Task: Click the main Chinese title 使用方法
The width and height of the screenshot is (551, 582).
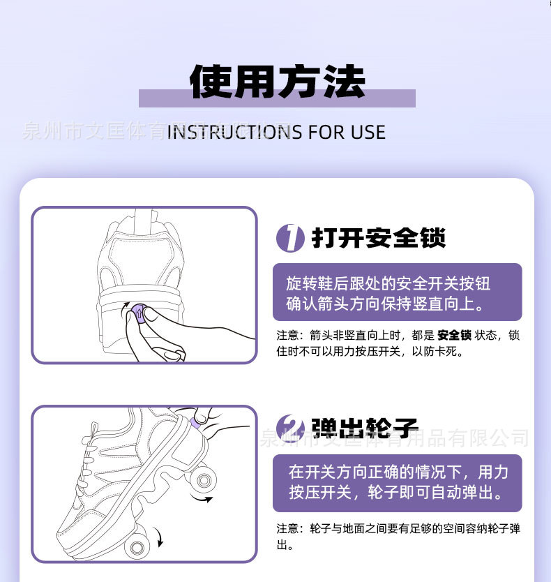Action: pyautogui.click(x=277, y=83)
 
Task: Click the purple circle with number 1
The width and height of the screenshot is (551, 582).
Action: pyautogui.click(x=290, y=238)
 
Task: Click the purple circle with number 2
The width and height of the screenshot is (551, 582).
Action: pyautogui.click(x=290, y=428)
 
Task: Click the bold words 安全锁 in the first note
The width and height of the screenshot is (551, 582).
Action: pyautogui.click(x=454, y=335)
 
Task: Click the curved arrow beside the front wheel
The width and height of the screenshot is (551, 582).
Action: pyautogui.click(x=160, y=538)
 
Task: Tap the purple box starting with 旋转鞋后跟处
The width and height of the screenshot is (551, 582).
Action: pyautogui.click(x=397, y=292)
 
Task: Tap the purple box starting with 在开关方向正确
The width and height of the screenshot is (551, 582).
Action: pyautogui.click(x=397, y=483)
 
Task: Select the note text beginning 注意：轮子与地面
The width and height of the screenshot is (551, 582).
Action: pyautogui.click(x=398, y=536)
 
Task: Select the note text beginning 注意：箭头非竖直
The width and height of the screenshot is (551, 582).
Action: pyautogui.click(x=398, y=343)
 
